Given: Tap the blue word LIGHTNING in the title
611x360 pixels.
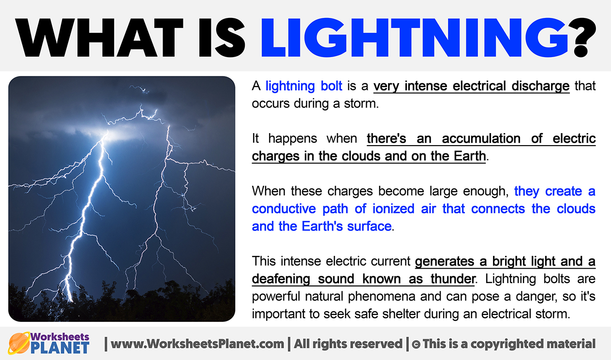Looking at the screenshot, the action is (x=415, y=38).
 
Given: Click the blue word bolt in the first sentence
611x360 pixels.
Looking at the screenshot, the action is (x=331, y=86).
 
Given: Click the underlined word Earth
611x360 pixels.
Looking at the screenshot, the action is (x=469, y=156).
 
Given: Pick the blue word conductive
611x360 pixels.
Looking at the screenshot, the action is (x=283, y=209).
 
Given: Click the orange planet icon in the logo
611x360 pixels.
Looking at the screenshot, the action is (x=18, y=343).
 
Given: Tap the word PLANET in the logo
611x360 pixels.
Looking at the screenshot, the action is (x=60, y=347).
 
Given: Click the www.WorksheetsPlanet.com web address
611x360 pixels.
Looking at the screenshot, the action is (x=197, y=344).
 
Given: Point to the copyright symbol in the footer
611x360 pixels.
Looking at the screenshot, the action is (x=416, y=345).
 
